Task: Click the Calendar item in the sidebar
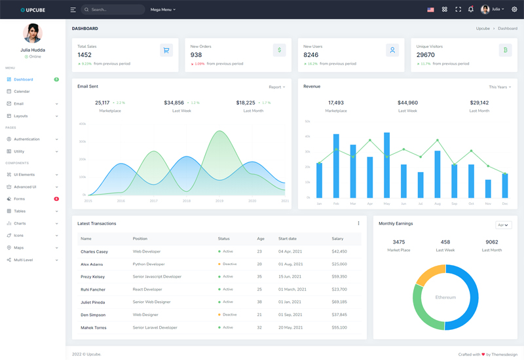coord(22,92)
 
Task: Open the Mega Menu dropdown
coord(163,10)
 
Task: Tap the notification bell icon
coord(470,10)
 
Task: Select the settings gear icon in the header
coord(514,10)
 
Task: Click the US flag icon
coord(430,10)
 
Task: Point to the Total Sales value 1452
coord(84,55)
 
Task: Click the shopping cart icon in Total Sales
coord(166,50)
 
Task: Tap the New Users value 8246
coord(310,55)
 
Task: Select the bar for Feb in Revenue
coord(336,166)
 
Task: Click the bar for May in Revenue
coord(386,165)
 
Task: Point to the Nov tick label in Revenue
coord(488,204)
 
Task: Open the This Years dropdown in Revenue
coord(499,87)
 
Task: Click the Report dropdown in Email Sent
coord(276,87)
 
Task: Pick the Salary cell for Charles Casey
coord(339,251)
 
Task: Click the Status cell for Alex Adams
coord(227,264)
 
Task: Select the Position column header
coord(140,239)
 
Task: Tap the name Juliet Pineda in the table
coord(92,302)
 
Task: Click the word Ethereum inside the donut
coord(445,297)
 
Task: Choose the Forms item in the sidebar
coord(20,199)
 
